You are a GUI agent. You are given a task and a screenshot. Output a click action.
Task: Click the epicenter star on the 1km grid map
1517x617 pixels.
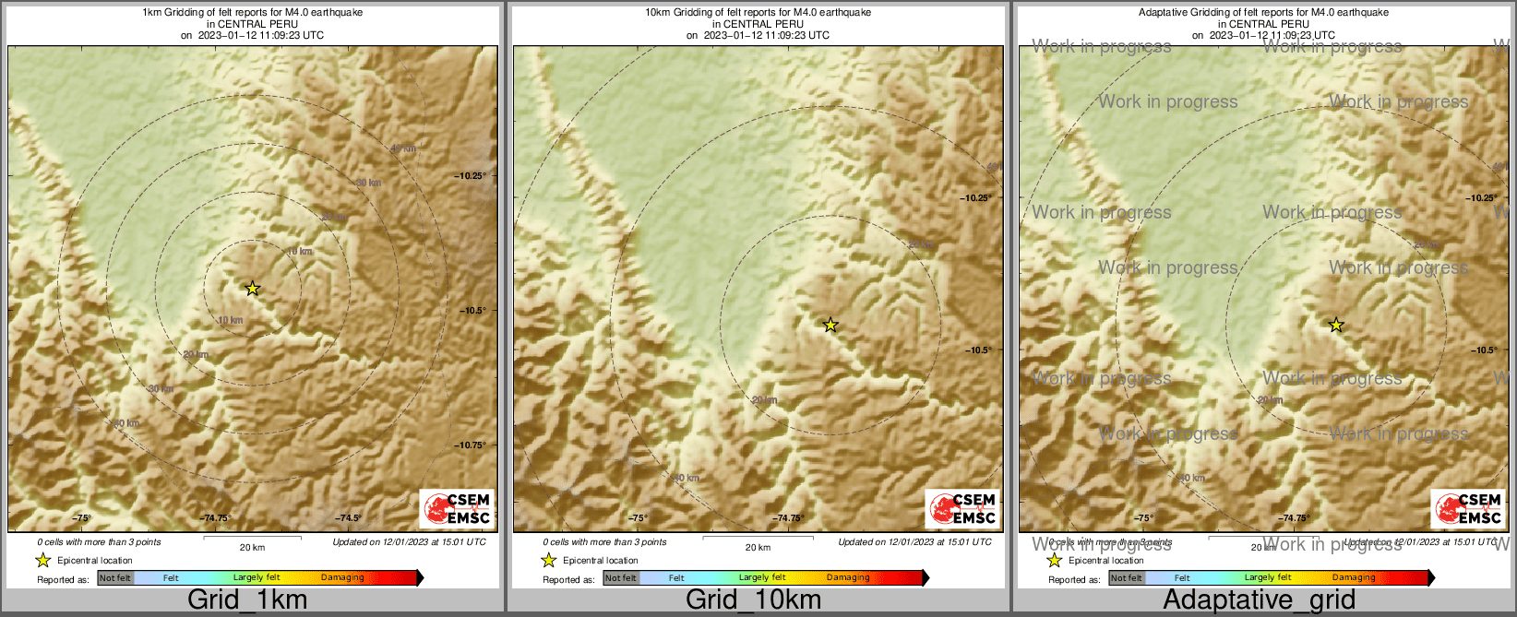tap(253, 289)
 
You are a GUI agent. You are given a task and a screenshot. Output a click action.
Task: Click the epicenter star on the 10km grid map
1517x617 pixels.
tap(830, 325)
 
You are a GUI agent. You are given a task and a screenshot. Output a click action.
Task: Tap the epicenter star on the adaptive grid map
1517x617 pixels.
tap(1336, 325)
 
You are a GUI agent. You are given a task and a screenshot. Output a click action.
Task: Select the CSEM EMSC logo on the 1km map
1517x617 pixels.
tap(457, 508)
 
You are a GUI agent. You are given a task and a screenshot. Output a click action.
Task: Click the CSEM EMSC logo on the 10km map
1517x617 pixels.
tap(962, 508)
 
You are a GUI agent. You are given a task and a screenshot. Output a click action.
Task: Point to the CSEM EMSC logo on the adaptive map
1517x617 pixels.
tap(1468, 508)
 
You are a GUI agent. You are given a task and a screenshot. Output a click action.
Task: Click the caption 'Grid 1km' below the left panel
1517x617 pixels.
tap(247, 600)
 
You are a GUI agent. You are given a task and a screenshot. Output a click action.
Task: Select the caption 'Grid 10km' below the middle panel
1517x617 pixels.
tap(753, 600)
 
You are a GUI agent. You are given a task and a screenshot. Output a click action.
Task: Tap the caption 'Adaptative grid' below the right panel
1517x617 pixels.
tap(1259, 600)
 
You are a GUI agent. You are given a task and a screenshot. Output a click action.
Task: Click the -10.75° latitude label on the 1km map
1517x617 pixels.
tap(471, 445)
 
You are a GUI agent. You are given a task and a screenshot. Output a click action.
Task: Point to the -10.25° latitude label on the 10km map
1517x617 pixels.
tap(976, 198)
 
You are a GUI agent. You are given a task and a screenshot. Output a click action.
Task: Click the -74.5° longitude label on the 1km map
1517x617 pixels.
tap(349, 518)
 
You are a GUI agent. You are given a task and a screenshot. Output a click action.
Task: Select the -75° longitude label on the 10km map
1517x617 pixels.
tap(638, 518)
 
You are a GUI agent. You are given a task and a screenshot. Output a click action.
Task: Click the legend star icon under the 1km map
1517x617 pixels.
tap(42, 561)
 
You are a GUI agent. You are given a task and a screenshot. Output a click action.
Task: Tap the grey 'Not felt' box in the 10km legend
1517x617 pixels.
tap(621, 578)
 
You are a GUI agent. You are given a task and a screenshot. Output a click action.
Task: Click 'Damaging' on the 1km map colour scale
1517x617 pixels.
tap(342, 578)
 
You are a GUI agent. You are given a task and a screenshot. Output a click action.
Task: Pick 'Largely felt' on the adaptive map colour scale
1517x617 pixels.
tap(1268, 578)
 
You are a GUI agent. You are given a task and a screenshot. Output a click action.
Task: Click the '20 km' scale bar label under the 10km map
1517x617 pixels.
tap(758, 548)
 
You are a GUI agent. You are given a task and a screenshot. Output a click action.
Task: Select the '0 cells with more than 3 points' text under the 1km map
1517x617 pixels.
tap(99, 542)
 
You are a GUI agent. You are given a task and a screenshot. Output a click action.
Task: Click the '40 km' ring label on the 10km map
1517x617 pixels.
tap(687, 478)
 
